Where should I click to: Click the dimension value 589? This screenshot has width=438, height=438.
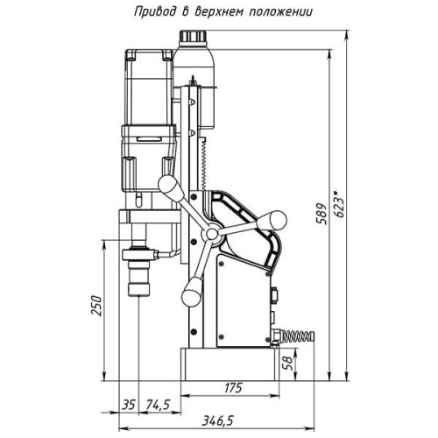[321, 214]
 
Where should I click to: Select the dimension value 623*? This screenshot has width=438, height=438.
[339, 204]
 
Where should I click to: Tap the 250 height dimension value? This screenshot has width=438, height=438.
[96, 306]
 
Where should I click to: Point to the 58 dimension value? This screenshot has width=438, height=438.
[288, 363]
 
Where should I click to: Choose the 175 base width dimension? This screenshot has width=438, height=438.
[233, 388]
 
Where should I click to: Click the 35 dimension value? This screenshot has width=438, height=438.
[129, 405]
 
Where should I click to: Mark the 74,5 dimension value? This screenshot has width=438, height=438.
[159, 405]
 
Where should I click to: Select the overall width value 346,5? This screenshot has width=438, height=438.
[218, 420]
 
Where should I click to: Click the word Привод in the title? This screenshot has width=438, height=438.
[155, 12]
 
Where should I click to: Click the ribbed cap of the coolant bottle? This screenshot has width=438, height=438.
[193, 36]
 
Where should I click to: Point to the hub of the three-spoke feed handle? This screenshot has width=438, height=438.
[212, 233]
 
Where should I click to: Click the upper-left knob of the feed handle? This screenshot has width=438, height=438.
[170, 187]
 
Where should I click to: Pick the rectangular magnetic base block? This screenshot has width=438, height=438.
[230, 364]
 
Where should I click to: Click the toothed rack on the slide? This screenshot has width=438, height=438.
[204, 164]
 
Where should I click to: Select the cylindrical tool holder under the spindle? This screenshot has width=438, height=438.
[139, 279]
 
